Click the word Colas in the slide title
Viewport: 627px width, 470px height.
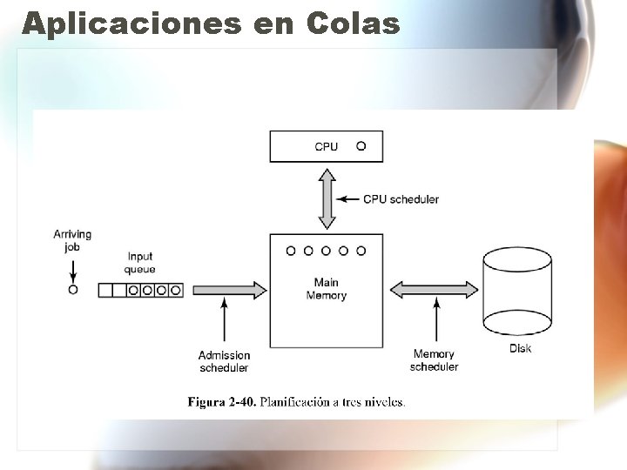click(x=353, y=23)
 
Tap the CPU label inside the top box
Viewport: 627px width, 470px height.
click(x=327, y=146)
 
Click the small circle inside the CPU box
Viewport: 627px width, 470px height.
click(x=361, y=146)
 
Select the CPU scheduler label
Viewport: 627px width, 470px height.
click(x=401, y=199)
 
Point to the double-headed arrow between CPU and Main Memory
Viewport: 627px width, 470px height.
click(x=327, y=198)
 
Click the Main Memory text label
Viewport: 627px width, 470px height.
click(x=326, y=289)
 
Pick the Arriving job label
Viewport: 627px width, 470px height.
click(x=72, y=240)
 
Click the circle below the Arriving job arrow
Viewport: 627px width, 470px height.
click(x=73, y=290)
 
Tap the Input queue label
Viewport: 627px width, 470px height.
click(x=140, y=263)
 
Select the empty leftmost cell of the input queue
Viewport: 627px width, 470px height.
click(x=105, y=290)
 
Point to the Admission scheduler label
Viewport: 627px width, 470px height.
click(x=225, y=361)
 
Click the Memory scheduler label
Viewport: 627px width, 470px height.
click(x=434, y=360)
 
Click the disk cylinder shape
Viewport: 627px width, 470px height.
click(x=518, y=292)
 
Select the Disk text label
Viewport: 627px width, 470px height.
click(x=520, y=349)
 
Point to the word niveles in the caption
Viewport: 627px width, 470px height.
click(x=385, y=402)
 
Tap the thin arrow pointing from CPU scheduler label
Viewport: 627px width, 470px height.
click(x=349, y=199)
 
